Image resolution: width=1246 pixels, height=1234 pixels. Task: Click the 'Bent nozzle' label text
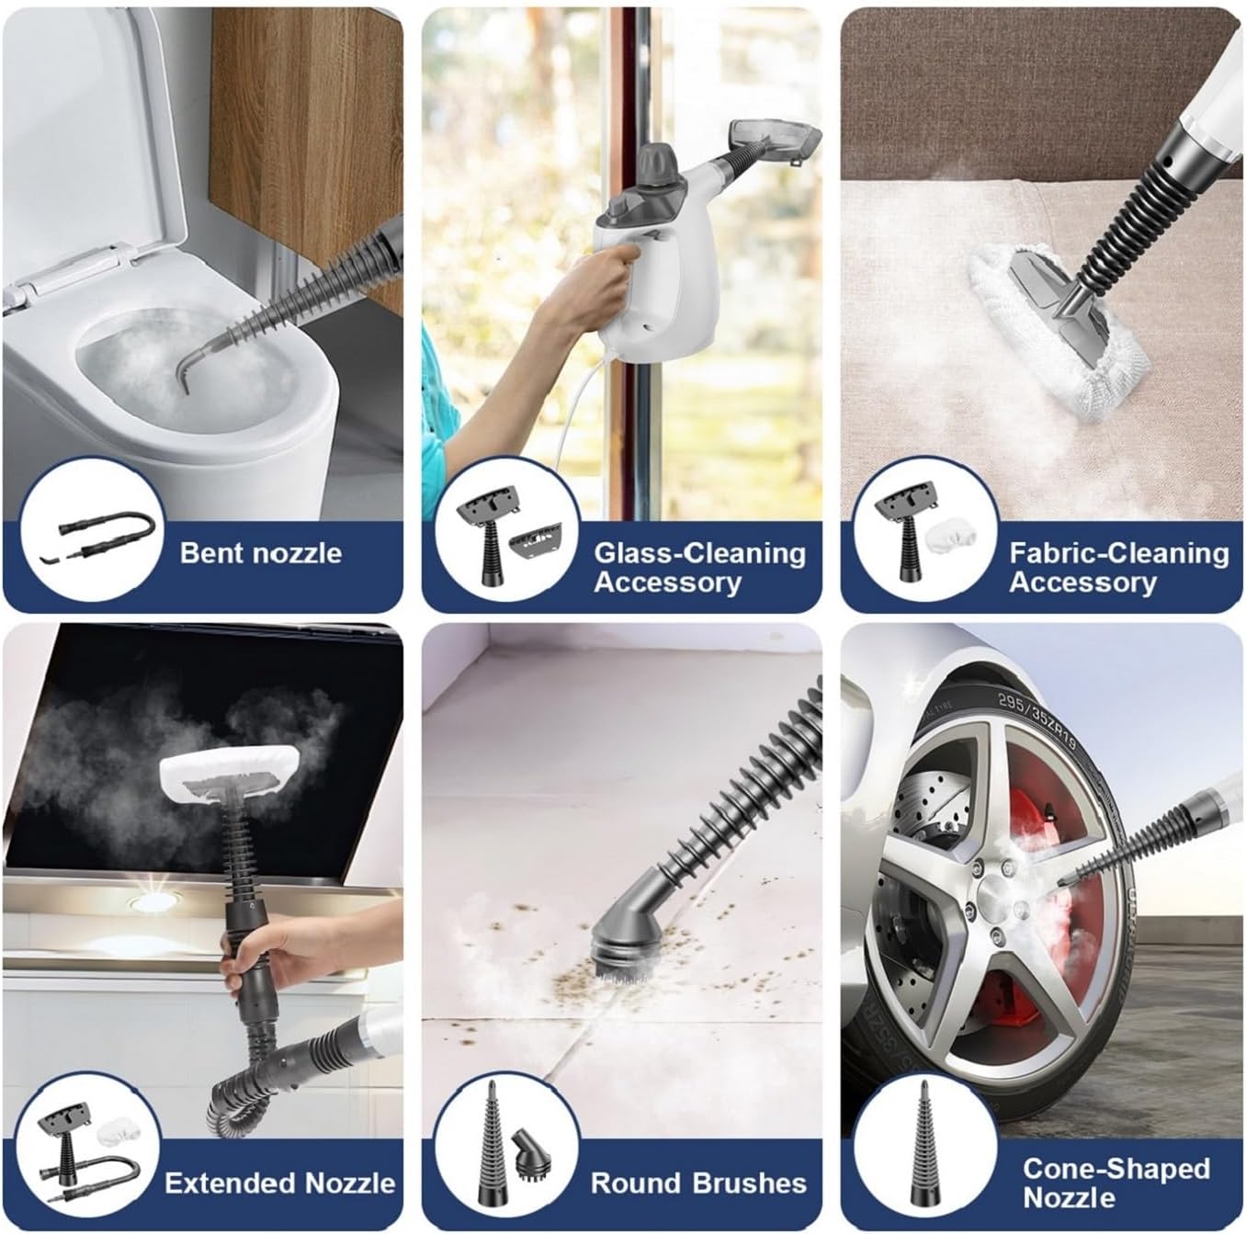point(260,552)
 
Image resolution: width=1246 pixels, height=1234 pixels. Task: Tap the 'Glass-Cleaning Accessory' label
point(699,567)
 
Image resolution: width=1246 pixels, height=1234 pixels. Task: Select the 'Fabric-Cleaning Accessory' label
point(1118,567)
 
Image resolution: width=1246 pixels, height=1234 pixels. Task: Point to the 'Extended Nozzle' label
point(280,1183)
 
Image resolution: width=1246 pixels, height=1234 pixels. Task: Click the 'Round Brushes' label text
point(698,1183)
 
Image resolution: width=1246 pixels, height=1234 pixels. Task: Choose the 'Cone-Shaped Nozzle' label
point(1116,1183)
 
